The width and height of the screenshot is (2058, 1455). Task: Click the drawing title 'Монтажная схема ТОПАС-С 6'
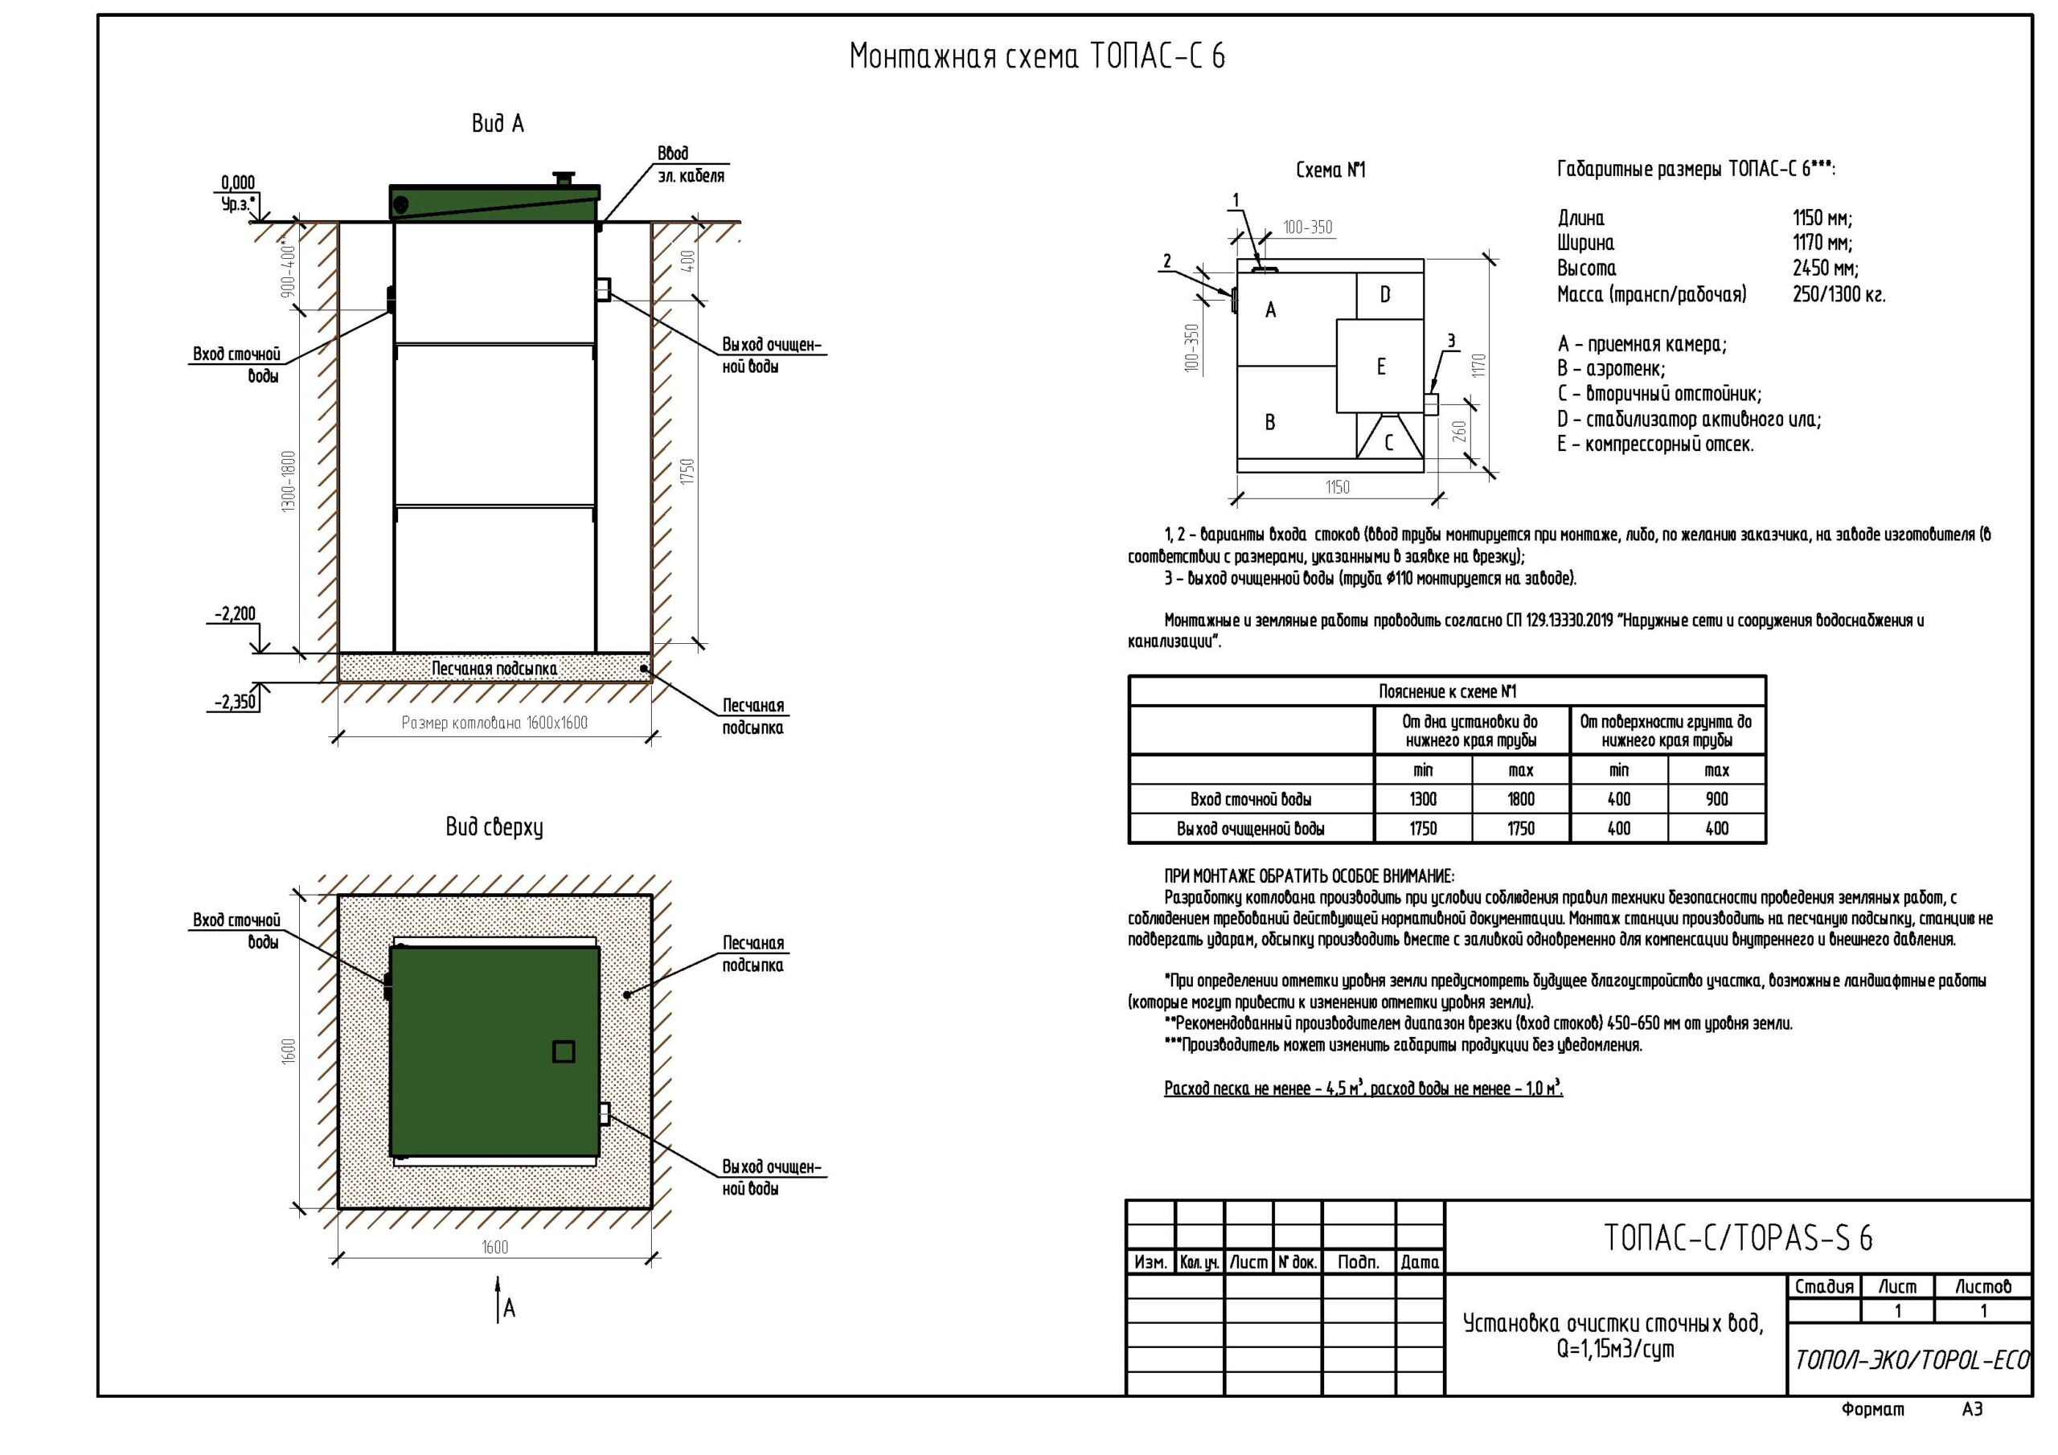(1036, 56)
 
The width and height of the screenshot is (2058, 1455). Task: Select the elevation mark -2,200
(235, 614)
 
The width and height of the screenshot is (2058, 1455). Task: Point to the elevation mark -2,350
(235, 702)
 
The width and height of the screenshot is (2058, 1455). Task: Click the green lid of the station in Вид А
(494, 202)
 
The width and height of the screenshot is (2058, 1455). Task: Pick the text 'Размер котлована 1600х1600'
(494, 723)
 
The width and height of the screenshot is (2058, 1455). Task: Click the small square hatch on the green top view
(563, 1051)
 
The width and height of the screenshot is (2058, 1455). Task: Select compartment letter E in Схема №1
(1381, 366)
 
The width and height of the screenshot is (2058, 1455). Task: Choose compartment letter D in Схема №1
(1385, 294)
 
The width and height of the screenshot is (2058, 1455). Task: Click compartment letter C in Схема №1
(1388, 442)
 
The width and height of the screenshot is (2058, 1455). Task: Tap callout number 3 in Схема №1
(1451, 342)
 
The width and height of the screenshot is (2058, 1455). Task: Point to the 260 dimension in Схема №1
(1459, 431)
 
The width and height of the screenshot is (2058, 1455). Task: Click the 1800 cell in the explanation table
(1521, 799)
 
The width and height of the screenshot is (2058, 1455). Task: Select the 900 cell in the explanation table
(1716, 799)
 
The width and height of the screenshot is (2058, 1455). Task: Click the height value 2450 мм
(1825, 268)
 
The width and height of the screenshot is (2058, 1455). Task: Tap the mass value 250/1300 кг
(1839, 294)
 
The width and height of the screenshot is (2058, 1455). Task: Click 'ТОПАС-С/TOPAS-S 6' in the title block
(1738, 1237)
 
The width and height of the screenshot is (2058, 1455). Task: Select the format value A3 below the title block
(1972, 1409)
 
